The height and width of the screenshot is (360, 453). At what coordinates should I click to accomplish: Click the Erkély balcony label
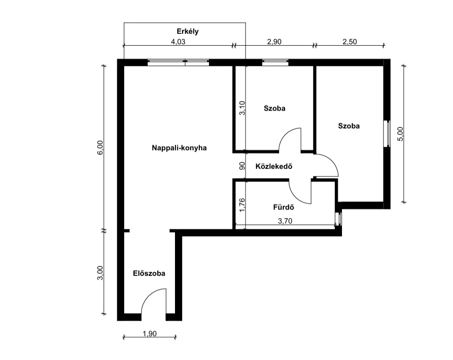[188, 32]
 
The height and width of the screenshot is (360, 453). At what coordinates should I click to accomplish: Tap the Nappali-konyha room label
[179, 148]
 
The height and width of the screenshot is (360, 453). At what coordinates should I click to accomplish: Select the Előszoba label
[149, 273]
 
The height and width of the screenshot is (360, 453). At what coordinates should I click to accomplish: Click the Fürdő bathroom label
[284, 207]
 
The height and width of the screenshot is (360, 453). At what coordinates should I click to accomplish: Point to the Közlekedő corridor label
[274, 167]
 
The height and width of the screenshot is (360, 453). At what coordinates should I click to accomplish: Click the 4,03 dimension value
[178, 41]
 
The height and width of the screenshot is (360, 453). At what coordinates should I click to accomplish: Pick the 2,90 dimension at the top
[274, 41]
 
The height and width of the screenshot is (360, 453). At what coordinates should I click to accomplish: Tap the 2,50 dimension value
[350, 41]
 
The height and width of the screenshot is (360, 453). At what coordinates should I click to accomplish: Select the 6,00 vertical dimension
[100, 148]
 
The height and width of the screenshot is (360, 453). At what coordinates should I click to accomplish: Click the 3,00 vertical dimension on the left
[100, 273]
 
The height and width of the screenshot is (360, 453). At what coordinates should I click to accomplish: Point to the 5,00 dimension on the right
[400, 134]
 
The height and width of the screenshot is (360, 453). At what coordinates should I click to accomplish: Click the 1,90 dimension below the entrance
[150, 334]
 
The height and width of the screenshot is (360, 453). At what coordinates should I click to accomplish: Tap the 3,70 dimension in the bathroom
[285, 221]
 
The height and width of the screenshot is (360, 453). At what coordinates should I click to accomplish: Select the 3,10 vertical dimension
[242, 108]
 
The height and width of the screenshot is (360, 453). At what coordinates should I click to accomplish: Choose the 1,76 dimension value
[242, 205]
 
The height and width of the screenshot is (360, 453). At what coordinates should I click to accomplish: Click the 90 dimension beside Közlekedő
[242, 166]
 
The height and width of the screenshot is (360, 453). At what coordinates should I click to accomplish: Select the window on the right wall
[387, 134]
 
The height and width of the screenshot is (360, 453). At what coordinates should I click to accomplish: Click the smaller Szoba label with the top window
[274, 108]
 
